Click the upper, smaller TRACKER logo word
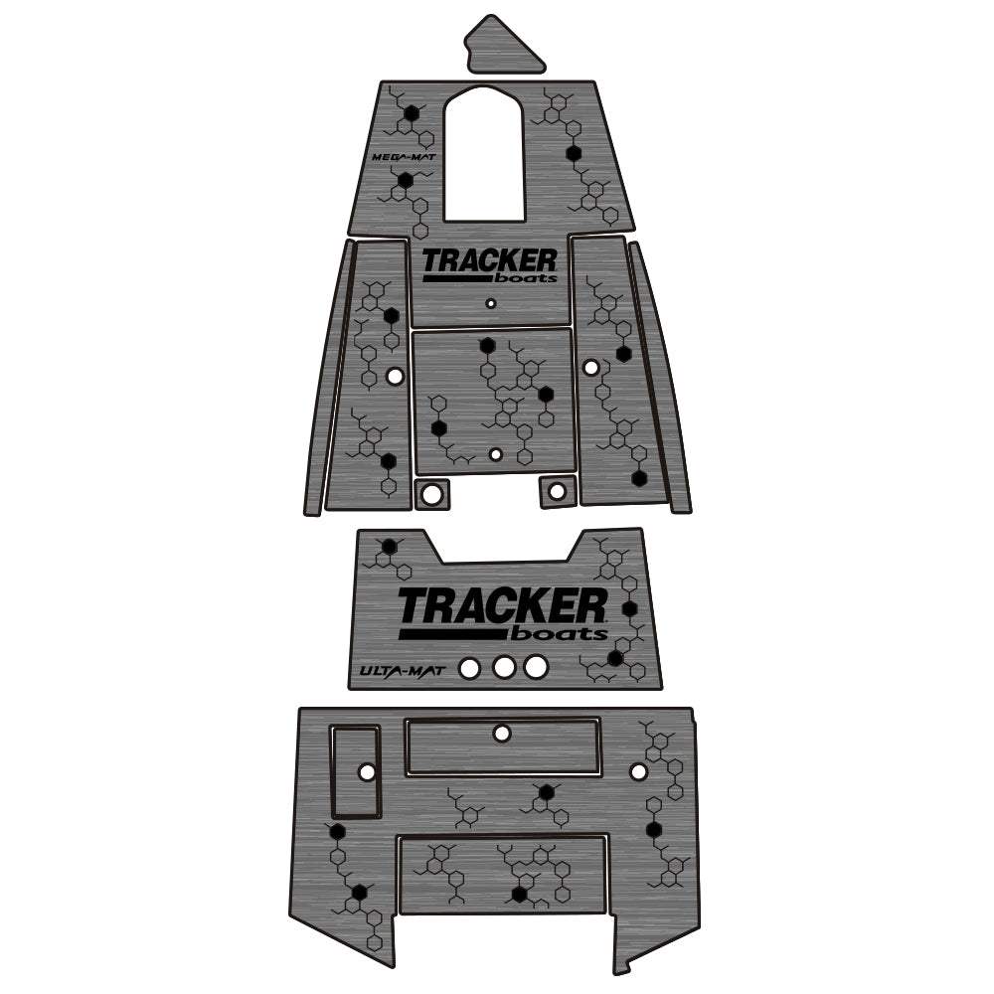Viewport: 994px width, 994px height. pos(489,260)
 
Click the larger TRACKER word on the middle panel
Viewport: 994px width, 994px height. pos(502,604)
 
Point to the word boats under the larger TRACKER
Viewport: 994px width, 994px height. pos(560,633)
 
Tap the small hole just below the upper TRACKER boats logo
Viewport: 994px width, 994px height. pos(489,302)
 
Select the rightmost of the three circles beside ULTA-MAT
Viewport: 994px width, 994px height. pos(536,667)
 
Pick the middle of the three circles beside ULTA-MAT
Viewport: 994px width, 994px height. pos(504,667)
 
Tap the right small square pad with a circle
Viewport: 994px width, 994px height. pos(557,489)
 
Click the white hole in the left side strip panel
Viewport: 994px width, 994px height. pos(395,376)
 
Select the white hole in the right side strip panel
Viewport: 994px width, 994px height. pos(591,368)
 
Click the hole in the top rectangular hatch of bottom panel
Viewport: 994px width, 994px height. pos(502,734)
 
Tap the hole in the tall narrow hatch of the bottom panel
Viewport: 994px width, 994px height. pos(367,771)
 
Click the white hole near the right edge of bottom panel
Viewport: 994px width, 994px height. pos(639,770)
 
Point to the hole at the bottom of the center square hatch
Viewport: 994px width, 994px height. pos(496,454)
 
